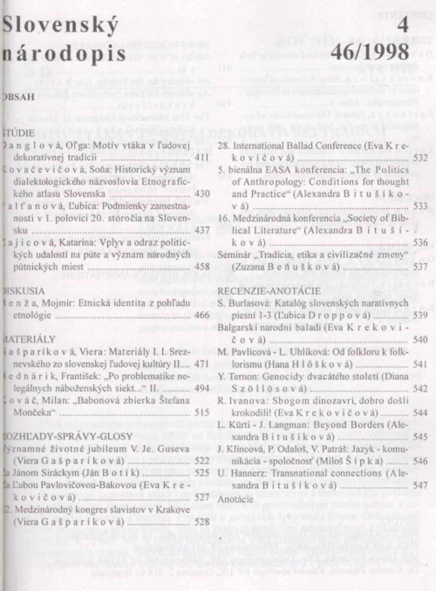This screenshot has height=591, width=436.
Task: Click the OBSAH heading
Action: click(18, 98)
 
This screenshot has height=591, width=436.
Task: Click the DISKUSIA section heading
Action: click(23, 291)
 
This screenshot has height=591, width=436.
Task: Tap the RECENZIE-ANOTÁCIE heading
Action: click(269, 291)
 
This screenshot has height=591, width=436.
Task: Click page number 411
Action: click(202, 158)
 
